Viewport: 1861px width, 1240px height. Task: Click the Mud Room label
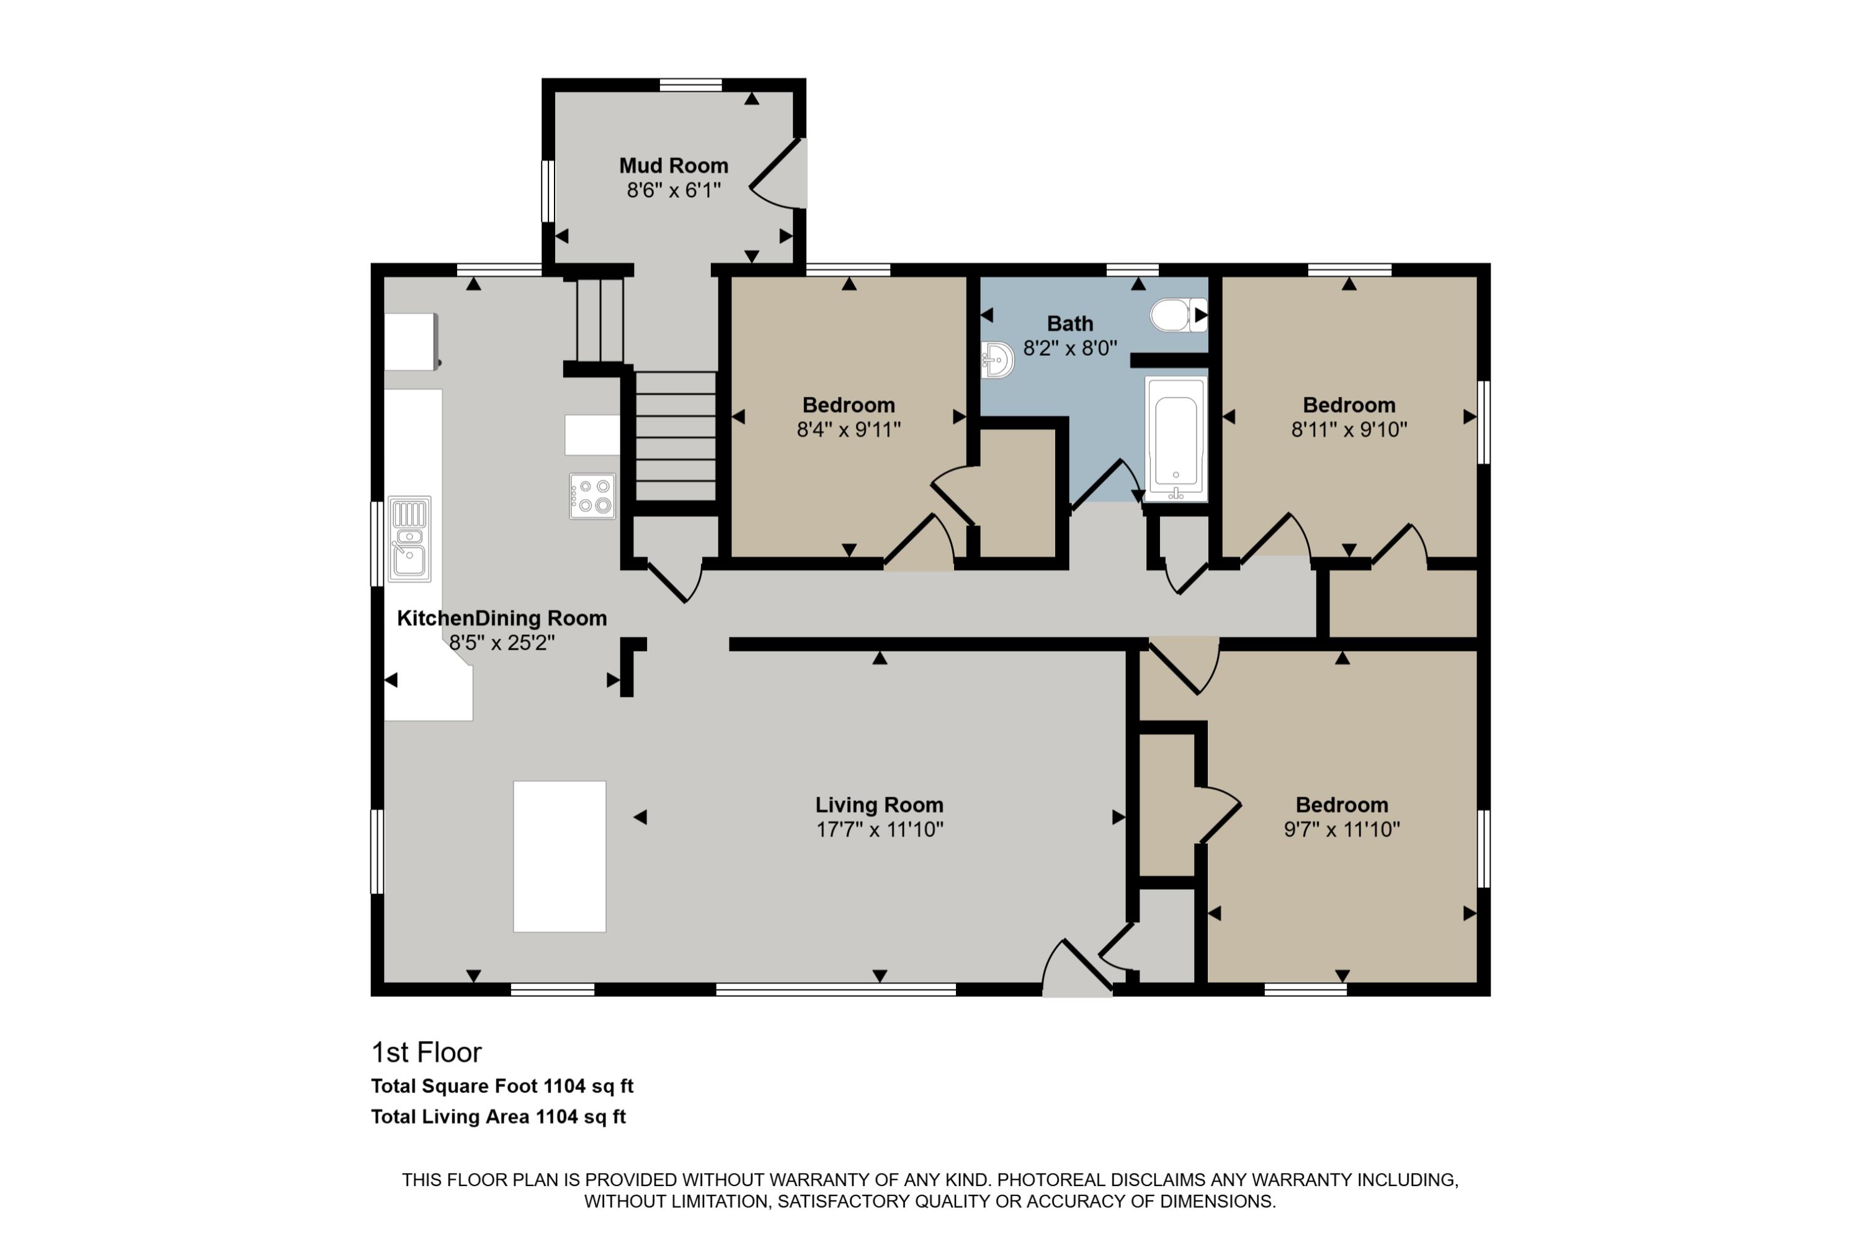point(673,166)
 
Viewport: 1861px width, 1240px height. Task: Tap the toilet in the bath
point(1175,315)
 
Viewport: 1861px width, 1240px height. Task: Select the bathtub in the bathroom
point(1176,440)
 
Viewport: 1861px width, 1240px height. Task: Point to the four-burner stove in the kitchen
point(592,496)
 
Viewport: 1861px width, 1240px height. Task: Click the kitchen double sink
point(409,539)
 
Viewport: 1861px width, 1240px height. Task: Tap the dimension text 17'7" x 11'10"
point(879,830)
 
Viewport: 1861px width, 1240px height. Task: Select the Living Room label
point(879,805)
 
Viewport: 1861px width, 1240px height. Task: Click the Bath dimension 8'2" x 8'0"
point(1069,348)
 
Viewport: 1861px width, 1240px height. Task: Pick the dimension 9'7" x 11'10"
point(1341,830)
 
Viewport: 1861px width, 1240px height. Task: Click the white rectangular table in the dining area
point(560,856)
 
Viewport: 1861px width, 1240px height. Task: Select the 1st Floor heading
point(427,1053)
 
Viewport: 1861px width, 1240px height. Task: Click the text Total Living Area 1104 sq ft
point(499,1117)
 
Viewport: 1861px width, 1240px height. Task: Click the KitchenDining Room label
point(502,618)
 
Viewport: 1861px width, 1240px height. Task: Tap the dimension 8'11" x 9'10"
point(1349,430)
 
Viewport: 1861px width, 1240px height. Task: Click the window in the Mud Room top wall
point(691,84)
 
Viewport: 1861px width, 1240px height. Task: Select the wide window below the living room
point(836,990)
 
